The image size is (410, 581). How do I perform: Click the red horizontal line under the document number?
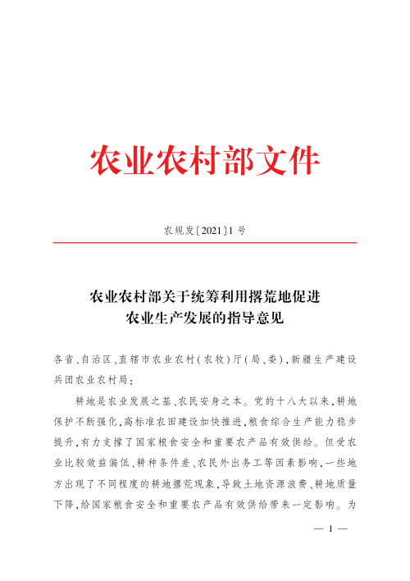tap(205, 243)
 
